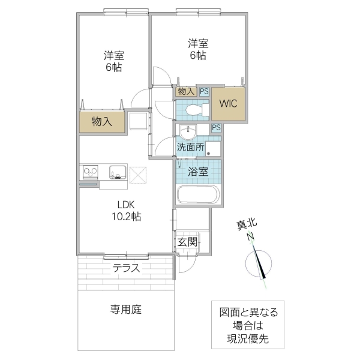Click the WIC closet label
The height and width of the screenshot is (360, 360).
coord(228,103)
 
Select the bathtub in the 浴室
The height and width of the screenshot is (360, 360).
coord(199,195)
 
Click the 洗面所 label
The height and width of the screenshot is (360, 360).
coord(190,146)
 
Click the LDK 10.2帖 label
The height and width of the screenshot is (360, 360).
coord(125,209)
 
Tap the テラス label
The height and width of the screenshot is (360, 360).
coord(126,268)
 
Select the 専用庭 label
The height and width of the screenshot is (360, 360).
coord(125,310)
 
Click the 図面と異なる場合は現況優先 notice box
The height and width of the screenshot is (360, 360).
coord(248,325)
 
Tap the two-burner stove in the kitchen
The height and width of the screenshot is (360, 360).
coord(92,172)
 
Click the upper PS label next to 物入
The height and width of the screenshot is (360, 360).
coord(204,91)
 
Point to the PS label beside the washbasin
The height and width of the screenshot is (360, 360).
coord(216,127)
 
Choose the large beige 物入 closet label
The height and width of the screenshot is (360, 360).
coord(102,121)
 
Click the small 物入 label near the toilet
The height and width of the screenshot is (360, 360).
coord(186,91)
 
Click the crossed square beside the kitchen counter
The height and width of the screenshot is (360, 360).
coord(139,174)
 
